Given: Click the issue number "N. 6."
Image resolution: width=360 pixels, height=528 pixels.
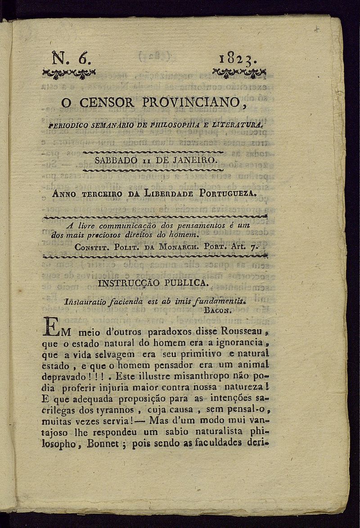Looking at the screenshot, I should point(71,58).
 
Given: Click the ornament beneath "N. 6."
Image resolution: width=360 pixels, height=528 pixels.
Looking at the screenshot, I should point(69,73).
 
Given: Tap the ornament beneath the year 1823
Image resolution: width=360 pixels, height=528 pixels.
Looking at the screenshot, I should point(239,72).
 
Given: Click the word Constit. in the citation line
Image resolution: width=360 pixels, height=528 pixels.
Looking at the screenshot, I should point(92,247).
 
